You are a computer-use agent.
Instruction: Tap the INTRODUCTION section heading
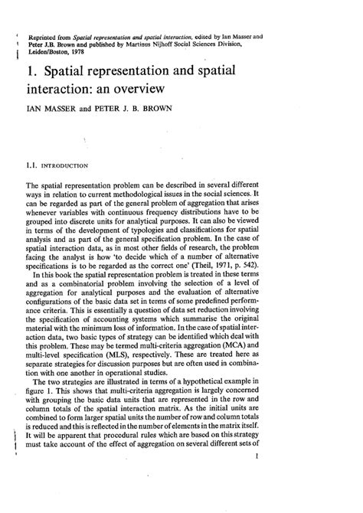[68, 164]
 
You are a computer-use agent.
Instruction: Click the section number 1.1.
[33, 164]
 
